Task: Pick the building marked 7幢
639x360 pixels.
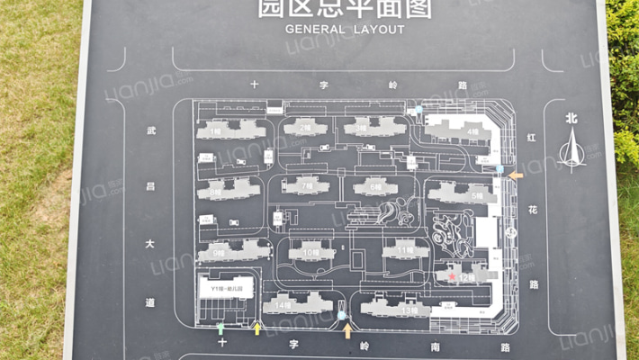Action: coord(306,187)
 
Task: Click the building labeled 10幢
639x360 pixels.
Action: coord(310,253)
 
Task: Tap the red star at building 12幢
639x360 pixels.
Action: coord(452,277)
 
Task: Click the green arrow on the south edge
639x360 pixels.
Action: coord(221,328)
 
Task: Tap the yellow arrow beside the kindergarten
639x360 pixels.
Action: coord(257,328)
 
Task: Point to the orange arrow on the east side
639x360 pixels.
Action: coord(516,175)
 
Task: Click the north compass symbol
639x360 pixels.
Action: coord(571,147)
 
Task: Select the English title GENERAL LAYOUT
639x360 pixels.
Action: coord(345,29)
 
